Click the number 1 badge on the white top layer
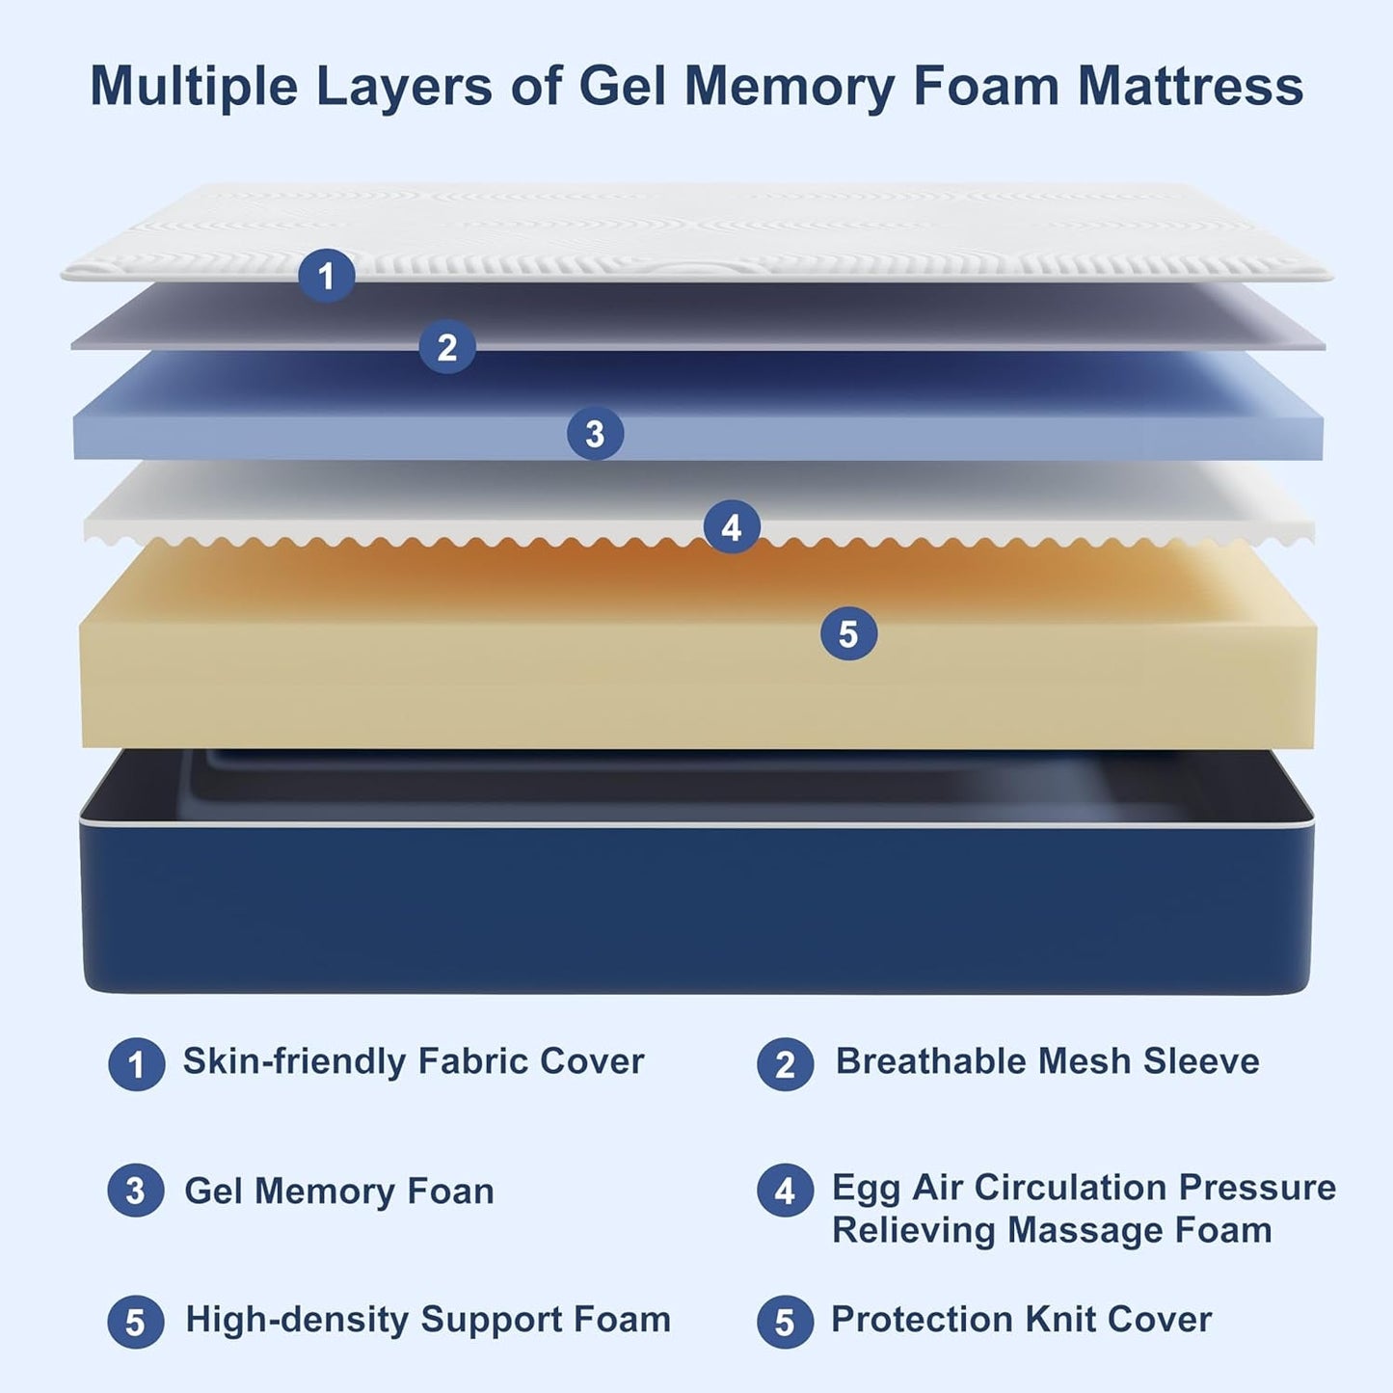point(326,276)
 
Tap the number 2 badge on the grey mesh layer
point(447,347)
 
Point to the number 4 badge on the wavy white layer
point(732,527)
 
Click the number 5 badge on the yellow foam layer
point(848,633)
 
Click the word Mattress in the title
point(1191,87)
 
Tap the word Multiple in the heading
point(194,87)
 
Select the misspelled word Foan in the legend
point(450,1192)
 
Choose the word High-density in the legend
point(297,1320)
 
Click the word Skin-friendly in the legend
point(295,1061)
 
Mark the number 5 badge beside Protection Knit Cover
point(785,1322)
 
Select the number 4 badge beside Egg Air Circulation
point(785,1192)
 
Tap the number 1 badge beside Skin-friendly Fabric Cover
point(136,1064)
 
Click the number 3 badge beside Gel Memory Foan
point(136,1192)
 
